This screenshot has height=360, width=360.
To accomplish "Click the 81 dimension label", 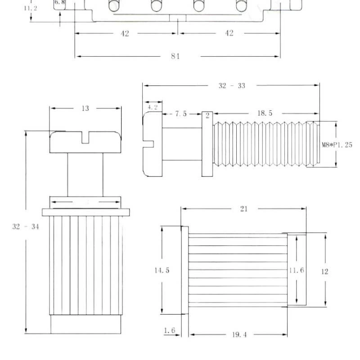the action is point(175,56).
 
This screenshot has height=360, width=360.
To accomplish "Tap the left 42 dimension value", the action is point(125,33).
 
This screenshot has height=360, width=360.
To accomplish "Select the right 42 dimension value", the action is point(229,33).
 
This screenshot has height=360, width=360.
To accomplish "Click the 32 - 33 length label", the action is point(232,85).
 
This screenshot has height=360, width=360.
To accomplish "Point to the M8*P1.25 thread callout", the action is point(337,145).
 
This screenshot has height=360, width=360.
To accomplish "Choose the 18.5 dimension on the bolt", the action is point(265,113).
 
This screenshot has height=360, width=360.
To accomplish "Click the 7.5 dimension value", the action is point(181,114).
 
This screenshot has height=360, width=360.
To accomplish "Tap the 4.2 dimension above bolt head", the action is point(153,107).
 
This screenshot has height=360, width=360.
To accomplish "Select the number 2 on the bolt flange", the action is point(207,116).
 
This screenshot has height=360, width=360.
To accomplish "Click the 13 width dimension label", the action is point(85,108).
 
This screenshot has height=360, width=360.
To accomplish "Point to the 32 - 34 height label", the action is point(26,227).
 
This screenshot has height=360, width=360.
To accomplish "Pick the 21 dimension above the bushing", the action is point(244,209).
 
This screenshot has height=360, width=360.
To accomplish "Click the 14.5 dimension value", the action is point(162,270).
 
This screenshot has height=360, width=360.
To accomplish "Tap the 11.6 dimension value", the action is point(297,270).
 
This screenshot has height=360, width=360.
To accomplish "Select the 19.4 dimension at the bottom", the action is point(239,334).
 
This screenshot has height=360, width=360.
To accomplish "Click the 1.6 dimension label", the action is point(170,330).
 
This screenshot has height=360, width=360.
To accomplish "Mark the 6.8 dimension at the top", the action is point(60,3).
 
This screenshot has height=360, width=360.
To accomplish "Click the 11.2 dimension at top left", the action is point(31,8).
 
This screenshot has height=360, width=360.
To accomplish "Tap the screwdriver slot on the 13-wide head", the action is point(85,138).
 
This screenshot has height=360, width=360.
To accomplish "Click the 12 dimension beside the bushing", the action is point(324,272).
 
